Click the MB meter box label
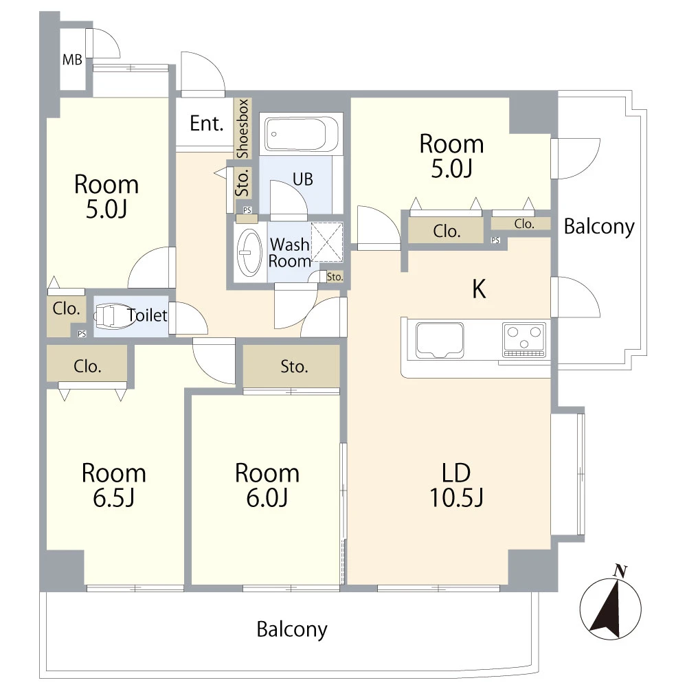pyautogui.click(x=72, y=59)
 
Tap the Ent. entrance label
pyautogui.click(x=206, y=124)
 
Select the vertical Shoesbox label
pyautogui.click(x=243, y=129)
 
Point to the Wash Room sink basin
pyautogui.click(x=249, y=253)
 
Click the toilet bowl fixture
pyautogui.click(x=113, y=315)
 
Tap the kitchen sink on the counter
pyautogui.click(x=440, y=340)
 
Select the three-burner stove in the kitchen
pyautogui.click(x=524, y=340)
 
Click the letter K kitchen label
pyautogui.click(x=479, y=289)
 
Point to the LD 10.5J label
pyautogui.click(x=456, y=485)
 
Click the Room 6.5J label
pyautogui.click(x=113, y=485)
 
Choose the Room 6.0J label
pyautogui.click(x=267, y=485)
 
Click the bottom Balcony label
pyautogui.click(x=292, y=629)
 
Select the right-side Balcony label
pyautogui.click(x=599, y=227)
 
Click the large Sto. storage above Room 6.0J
pyautogui.click(x=291, y=366)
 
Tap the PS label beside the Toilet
pyautogui.click(x=82, y=334)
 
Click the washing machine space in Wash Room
pyautogui.click(x=327, y=243)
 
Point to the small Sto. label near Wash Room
pyautogui.click(x=335, y=277)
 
